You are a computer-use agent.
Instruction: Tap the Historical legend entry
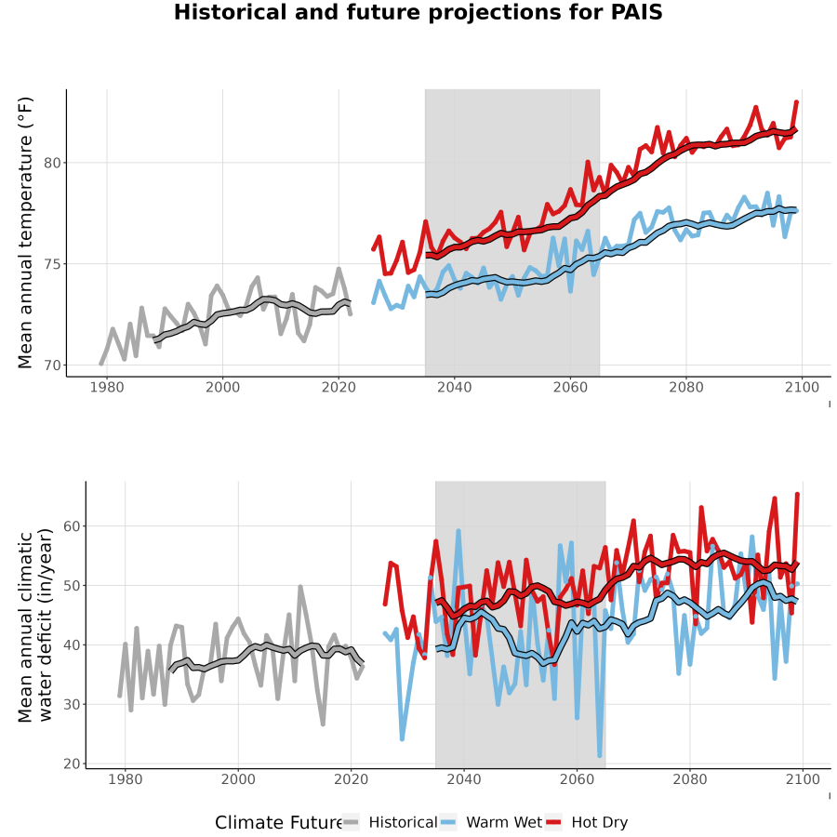point(390,822)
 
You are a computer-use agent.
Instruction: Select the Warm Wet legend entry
point(491,822)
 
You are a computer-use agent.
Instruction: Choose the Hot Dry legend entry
point(587,822)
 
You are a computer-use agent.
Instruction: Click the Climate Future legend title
point(279,822)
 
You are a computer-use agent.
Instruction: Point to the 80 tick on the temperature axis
point(52,163)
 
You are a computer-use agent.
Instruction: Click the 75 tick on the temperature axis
point(52,264)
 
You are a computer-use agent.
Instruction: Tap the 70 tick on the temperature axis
point(52,365)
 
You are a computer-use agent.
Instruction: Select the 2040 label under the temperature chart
point(454,387)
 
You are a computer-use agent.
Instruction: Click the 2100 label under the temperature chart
point(802,387)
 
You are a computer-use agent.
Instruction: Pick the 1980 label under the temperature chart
point(107,387)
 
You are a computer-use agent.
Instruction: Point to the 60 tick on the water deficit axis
point(72,526)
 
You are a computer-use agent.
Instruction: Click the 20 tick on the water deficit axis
point(72,764)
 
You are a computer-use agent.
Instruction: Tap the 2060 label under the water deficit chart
point(577,779)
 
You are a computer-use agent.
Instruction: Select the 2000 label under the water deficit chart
point(238,779)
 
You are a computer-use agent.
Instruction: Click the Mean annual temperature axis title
point(25,232)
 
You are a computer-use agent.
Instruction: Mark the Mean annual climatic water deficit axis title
point(35,626)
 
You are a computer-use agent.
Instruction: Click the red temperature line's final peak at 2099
point(796,101)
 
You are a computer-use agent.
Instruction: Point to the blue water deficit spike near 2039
point(458,531)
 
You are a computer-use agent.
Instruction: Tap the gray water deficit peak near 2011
point(300,587)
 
